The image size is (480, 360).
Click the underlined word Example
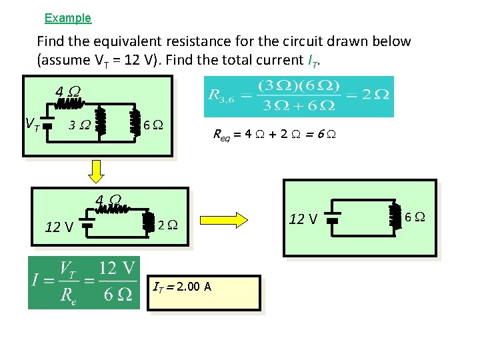[67, 18]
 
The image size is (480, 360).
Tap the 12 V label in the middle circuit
[59, 227]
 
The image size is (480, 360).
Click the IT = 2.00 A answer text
[181, 287]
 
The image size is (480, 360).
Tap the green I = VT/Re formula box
[84, 283]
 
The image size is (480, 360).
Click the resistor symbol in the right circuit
[395, 217]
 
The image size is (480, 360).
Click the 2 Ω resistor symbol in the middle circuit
[147, 223]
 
